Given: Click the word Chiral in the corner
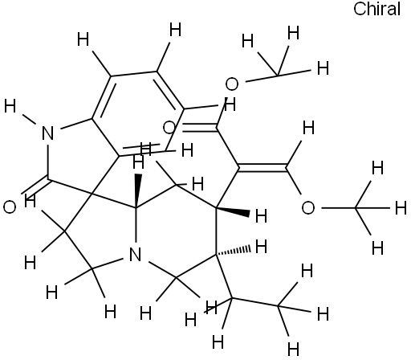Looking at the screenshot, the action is point(376,9).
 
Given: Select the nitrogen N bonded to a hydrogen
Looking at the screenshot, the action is point(48,133).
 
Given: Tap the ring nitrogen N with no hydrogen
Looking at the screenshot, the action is point(135,255).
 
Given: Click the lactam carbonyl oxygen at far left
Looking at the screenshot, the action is point(10,207).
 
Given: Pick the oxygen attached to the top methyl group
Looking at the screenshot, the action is point(232,84).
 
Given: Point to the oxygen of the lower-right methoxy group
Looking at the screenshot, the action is point(308,208).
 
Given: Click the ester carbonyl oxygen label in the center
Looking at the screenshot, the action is point(169,128).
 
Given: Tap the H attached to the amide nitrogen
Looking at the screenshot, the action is point(10,106).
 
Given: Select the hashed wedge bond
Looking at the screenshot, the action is point(234,251).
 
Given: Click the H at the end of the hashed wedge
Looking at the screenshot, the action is point(262,247).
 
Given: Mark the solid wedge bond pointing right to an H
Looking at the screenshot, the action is point(233,211).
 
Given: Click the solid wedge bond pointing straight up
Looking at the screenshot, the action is point(137,190).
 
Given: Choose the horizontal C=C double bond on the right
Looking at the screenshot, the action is point(262,167).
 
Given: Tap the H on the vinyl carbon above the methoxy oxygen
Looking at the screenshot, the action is point(308,128).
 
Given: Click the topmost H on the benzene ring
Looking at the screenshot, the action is point(176,30).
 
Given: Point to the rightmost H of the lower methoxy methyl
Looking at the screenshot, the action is point(401,208).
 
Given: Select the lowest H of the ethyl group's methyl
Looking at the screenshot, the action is point(294,349).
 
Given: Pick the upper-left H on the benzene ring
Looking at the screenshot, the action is point(83,39).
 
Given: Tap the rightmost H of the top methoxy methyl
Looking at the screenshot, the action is point(323,67).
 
